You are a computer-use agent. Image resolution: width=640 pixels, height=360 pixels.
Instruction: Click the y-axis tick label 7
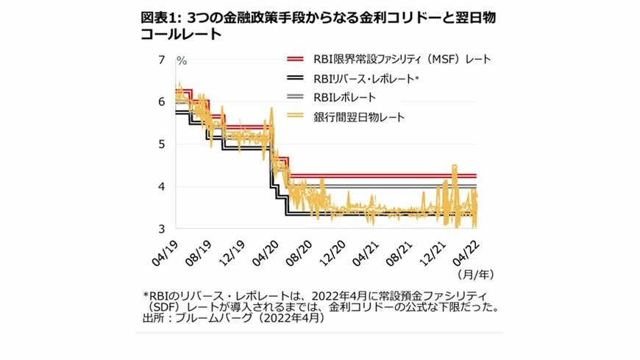click(161, 59)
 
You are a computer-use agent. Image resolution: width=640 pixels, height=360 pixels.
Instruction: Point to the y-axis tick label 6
click(161, 102)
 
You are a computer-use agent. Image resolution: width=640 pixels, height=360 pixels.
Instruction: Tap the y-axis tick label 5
click(161, 144)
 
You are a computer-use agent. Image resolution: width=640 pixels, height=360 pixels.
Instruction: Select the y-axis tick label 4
click(161, 187)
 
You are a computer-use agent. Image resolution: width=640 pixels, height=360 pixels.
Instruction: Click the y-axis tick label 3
click(161, 229)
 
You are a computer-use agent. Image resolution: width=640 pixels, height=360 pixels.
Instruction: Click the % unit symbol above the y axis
click(181, 60)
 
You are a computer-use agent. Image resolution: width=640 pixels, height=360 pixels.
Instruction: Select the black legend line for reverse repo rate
click(295, 77)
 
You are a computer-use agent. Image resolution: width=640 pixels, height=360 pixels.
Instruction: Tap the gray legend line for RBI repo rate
click(295, 97)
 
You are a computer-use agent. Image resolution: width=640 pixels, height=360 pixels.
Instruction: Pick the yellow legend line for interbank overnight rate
click(295, 116)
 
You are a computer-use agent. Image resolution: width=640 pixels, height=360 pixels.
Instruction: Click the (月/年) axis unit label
click(475, 274)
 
